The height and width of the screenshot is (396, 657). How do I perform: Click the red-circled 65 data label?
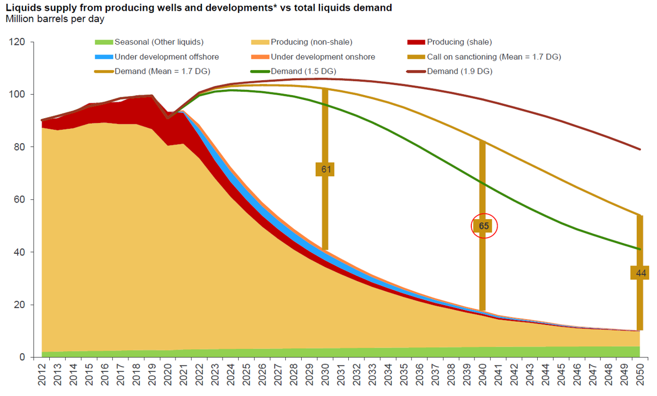[484, 226]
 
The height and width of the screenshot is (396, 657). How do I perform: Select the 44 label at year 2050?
[641, 273]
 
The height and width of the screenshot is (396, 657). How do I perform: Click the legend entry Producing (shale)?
[459, 42]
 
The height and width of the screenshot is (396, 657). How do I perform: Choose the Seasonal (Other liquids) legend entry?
[159, 42]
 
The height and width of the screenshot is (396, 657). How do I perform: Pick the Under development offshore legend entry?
[166, 57]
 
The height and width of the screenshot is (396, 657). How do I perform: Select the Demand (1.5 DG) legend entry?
[303, 71]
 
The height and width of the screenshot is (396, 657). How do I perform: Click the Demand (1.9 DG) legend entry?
[460, 71]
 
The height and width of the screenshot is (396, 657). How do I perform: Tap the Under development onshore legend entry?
[323, 57]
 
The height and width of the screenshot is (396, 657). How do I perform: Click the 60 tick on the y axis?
[20, 200]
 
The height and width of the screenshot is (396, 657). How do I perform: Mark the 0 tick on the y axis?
[22, 357]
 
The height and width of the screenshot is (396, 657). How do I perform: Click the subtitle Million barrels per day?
[55, 19]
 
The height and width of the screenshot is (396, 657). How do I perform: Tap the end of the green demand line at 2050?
[640, 249]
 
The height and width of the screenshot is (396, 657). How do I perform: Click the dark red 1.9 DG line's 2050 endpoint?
[640, 149]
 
